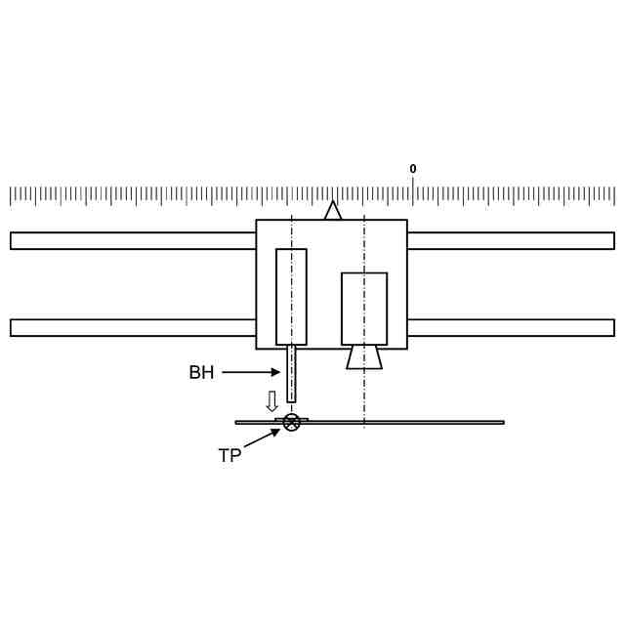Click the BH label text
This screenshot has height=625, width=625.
(201, 372)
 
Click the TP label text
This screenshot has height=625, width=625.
(230, 455)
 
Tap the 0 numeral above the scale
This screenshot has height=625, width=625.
(413, 169)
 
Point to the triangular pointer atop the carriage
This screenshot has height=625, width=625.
(333, 211)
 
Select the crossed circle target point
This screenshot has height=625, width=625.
(292, 423)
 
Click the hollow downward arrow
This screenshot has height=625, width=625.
(271, 401)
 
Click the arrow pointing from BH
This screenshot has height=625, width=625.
(251, 372)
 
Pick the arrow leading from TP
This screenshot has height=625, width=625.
(262, 437)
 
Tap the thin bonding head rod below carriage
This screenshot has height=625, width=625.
(291, 374)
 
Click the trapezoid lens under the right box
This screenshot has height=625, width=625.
(364, 357)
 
